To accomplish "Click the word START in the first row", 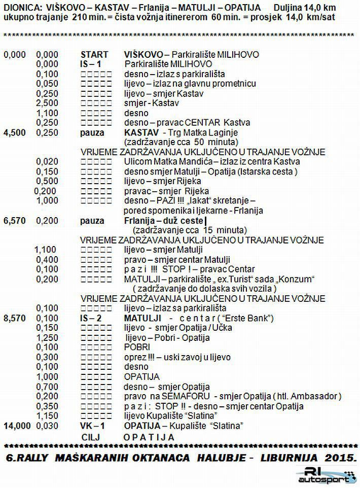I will coord(94,54).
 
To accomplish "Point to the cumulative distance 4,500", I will coord(14,132).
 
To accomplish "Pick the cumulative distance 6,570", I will coord(14,221).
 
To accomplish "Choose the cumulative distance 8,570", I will coord(14,318).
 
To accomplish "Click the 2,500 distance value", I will coord(47,103).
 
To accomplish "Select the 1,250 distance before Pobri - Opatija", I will coord(47,338).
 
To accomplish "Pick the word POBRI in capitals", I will coord(136,347).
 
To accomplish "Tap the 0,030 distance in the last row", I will coord(47,426).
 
